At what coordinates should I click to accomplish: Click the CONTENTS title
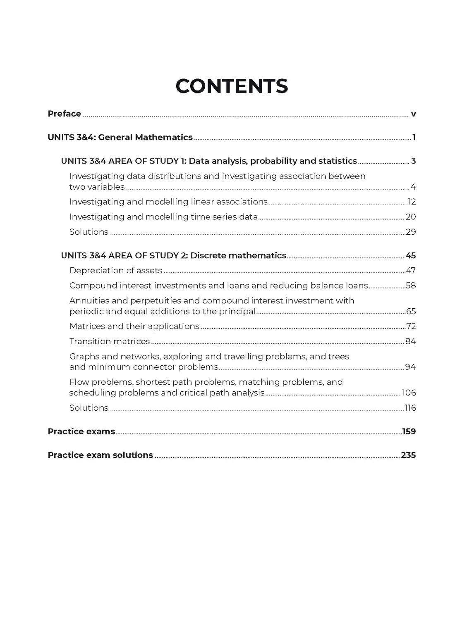click(232, 86)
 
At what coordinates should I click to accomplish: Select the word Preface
click(65, 114)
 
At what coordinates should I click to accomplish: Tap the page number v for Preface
click(413, 114)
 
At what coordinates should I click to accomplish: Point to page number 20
click(411, 217)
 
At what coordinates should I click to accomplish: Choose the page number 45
click(411, 256)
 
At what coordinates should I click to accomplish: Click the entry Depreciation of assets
click(116, 271)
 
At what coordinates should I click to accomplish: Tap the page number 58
click(411, 286)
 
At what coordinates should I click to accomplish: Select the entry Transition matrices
click(110, 341)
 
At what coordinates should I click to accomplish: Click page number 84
click(411, 342)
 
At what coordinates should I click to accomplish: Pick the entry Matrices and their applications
click(134, 326)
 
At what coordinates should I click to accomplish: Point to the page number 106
click(409, 393)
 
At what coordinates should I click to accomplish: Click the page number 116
click(410, 408)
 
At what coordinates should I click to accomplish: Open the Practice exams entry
click(81, 431)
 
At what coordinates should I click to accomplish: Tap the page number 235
click(408, 455)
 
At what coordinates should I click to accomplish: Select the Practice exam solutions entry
click(101, 455)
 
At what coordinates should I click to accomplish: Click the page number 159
click(409, 432)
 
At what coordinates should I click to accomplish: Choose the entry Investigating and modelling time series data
click(164, 217)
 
